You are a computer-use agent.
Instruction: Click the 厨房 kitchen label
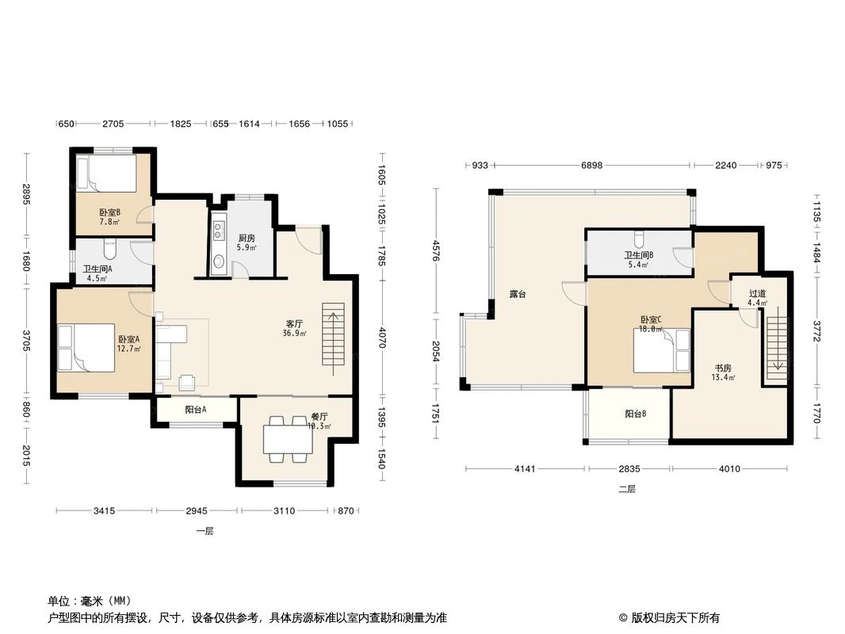247,238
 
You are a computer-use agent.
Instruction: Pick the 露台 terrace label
518,294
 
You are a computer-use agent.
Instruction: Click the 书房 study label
722,368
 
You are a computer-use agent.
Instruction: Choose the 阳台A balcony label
196,410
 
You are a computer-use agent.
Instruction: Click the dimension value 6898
591,166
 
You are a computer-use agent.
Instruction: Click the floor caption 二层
626,489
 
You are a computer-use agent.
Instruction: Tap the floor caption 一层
205,532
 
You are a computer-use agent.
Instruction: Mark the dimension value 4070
381,338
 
